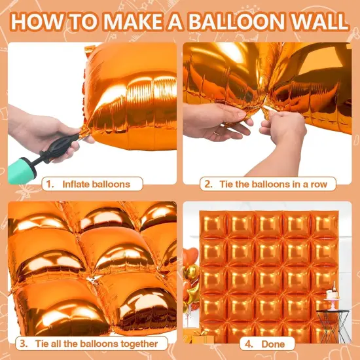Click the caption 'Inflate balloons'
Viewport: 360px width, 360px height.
pos(96,184)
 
